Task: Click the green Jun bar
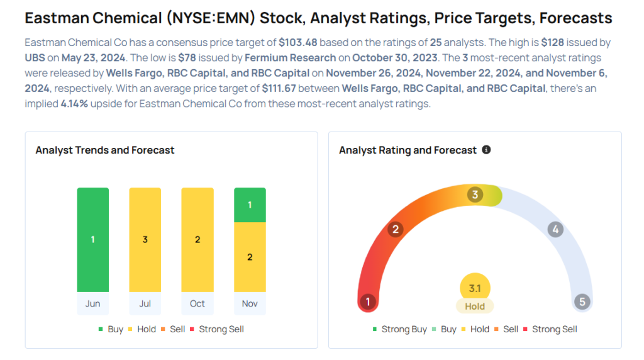tap(93, 240)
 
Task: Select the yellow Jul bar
tap(145, 240)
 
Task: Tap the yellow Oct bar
tap(197, 240)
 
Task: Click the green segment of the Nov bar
tap(250, 205)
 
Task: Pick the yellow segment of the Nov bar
tap(250, 257)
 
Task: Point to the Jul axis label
tap(145, 303)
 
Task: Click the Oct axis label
tap(197, 303)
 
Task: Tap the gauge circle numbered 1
tap(368, 302)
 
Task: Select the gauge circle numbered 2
tap(396, 229)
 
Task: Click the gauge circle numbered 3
tap(475, 194)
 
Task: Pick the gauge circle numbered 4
tap(555, 229)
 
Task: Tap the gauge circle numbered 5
tap(582, 302)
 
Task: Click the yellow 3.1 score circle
tap(475, 288)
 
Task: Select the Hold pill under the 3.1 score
tap(475, 307)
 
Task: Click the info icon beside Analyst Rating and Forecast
tap(486, 150)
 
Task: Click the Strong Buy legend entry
tap(400, 329)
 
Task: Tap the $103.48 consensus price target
tap(298, 43)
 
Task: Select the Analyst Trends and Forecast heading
tap(105, 150)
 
